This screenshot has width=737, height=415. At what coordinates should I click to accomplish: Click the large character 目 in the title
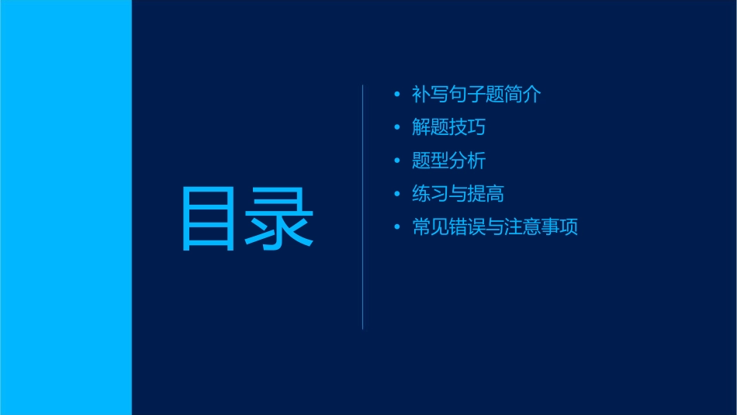point(208,219)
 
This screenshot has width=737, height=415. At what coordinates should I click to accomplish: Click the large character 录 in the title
point(280,219)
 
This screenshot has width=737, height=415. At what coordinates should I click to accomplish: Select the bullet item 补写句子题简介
point(476,95)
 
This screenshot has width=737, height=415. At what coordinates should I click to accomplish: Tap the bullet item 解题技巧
point(449,128)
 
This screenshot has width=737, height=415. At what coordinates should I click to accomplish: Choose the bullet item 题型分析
point(449,161)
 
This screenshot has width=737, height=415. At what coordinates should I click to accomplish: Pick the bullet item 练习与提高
point(458,195)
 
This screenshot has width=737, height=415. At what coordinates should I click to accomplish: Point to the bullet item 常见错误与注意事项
point(495,228)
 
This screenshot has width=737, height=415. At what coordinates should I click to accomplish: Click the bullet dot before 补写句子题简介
point(398,95)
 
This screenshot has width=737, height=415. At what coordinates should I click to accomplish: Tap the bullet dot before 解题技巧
point(398,128)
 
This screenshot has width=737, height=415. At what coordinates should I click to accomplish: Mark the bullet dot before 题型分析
point(398,161)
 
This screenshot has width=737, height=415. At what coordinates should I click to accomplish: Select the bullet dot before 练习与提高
point(398,195)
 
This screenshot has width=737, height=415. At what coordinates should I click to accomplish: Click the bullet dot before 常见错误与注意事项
point(398,228)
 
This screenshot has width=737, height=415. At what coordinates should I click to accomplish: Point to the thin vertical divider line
point(363,207)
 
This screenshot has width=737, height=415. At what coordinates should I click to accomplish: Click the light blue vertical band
point(65,207)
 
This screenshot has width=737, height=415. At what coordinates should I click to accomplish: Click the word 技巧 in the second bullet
point(468,128)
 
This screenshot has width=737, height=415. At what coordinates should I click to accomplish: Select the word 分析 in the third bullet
point(468,161)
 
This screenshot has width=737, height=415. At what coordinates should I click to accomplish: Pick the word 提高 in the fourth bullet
point(486,195)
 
